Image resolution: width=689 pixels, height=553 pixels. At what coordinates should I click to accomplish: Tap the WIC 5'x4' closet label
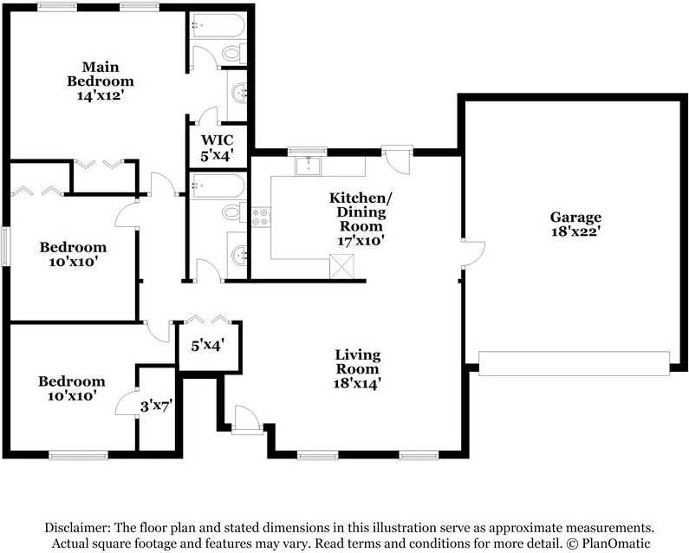pyautogui.click(x=217, y=147)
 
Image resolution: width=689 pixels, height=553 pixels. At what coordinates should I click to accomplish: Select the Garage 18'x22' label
pyautogui.click(x=575, y=224)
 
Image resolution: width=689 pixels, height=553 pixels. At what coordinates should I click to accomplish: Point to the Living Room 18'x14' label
pyautogui.click(x=357, y=368)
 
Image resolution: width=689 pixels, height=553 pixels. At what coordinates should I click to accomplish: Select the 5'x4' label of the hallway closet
pyautogui.click(x=208, y=345)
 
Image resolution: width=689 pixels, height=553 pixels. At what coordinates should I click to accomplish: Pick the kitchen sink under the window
pyautogui.click(x=309, y=166)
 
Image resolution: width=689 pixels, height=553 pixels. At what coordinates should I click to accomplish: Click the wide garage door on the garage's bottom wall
pyautogui.click(x=575, y=363)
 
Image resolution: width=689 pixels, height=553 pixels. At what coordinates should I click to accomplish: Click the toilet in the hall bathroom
pyautogui.click(x=232, y=212)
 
